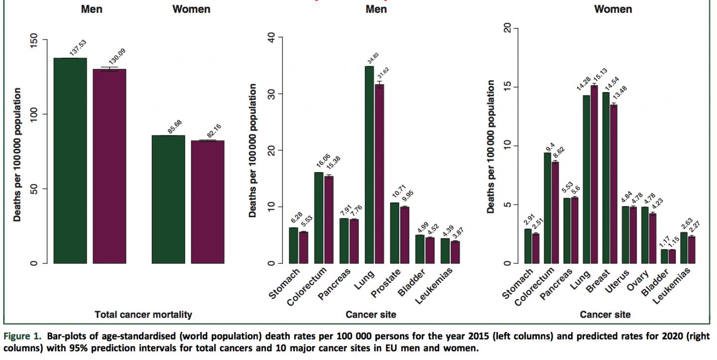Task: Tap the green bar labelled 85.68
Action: click(168, 199)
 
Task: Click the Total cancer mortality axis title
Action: click(143, 314)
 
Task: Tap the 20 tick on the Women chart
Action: click(508, 28)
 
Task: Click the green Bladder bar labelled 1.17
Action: click(664, 256)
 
